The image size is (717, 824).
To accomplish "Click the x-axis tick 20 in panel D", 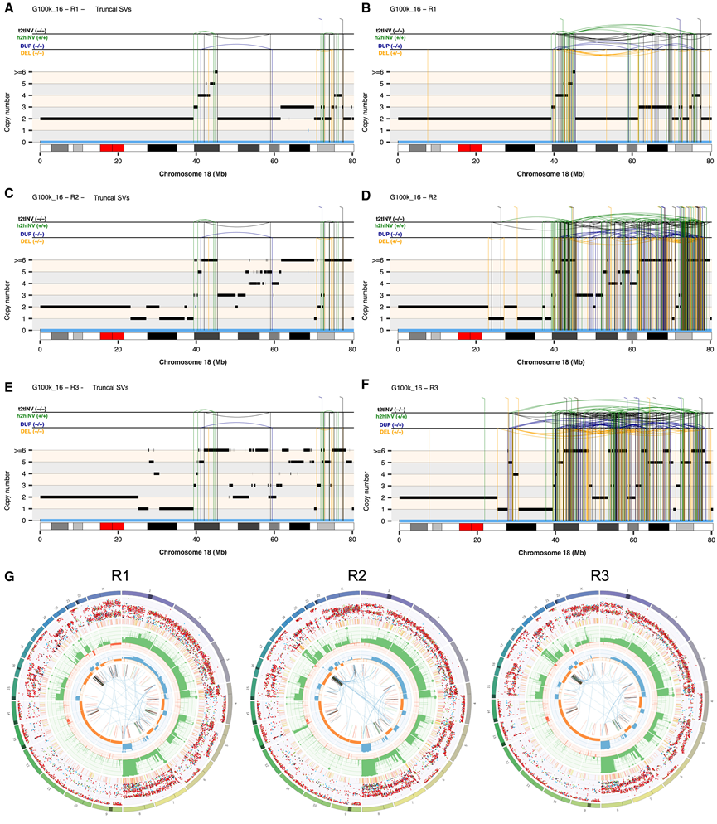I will click(476, 348).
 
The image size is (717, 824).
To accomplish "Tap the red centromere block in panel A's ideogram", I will click(112, 148).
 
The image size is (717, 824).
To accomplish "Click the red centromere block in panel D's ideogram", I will click(470, 337).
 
